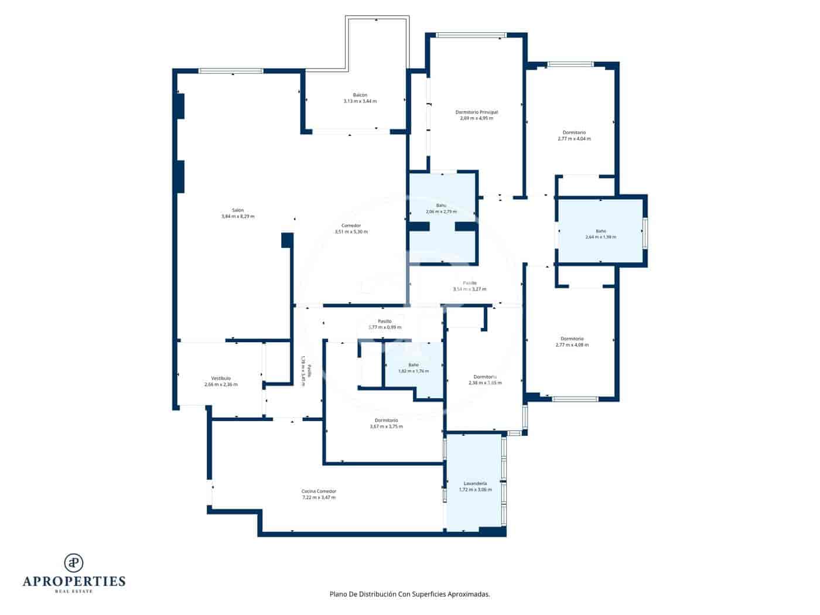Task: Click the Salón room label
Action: point(237,210)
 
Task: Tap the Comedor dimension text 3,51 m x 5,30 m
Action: point(351,232)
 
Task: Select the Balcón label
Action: point(360,95)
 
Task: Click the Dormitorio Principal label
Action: point(476,112)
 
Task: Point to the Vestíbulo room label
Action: point(221,378)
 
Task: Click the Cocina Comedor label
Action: point(319,491)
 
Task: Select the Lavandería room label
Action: point(475,483)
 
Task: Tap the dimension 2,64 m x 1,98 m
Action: point(600,237)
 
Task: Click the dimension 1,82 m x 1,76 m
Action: point(413,371)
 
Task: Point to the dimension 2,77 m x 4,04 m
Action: point(574,139)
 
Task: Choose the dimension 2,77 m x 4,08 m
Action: point(572,345)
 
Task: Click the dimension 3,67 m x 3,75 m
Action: point(386,426)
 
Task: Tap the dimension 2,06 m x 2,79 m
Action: point(440,211)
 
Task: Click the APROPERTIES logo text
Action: point(74,581)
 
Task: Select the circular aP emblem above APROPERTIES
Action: point(74,562)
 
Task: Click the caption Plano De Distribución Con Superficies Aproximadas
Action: point(409,594)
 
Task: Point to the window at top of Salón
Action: point(231,71)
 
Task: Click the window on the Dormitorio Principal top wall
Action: point(471,35)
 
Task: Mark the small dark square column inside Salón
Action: point(286,240)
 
